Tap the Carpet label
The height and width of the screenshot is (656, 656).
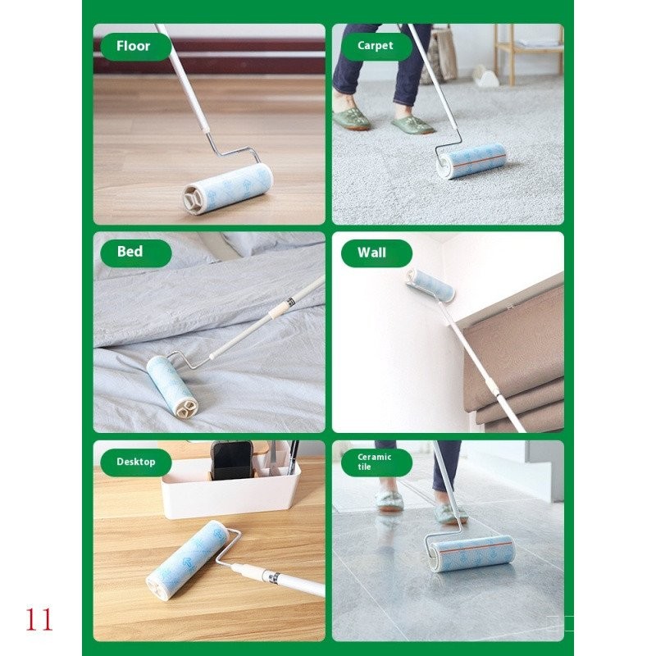coord(376,46)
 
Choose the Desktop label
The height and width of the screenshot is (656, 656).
coord(136,462)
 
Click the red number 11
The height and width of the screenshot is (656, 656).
coord(39,619)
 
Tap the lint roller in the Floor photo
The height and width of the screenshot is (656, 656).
coord(228,189)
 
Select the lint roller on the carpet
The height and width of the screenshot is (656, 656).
coord(471,161)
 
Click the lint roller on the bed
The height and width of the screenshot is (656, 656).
coord(171,385)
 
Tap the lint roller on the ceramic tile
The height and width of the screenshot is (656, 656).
coord(471,553)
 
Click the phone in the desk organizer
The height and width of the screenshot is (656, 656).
coord(231,460)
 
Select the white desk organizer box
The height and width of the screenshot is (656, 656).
coord(231,490)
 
